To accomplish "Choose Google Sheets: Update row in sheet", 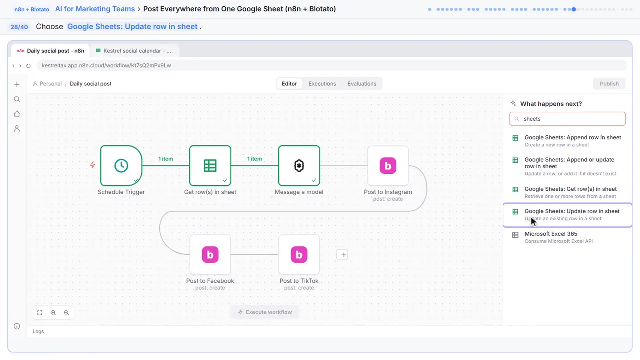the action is tap(567, 215).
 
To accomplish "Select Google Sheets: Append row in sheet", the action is tap(567, 141).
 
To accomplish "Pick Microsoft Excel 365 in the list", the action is tap(567, 237).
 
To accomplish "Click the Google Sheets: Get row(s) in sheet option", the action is tap(567, 192).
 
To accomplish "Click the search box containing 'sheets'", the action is tap(567, 119).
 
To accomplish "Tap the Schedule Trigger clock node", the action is tap(121, 165).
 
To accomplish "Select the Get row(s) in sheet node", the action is tap(210, 165).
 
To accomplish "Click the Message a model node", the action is tap(299, 165).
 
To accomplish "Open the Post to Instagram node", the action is tap(388, 165).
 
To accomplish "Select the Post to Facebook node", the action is tap(210, 254).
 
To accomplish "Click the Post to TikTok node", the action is tap(299, 254).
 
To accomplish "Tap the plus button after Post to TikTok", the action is tap(342, 255).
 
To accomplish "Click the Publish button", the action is tap(609, 84).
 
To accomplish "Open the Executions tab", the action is tap(322, 84).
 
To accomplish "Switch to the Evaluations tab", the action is tap(362, 84).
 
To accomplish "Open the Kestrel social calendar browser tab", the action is tap(134, 51).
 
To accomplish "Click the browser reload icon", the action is tap(28, 65).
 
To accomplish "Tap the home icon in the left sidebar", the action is tap(17, 114).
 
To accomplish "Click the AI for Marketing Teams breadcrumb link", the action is tap(95, 9).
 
